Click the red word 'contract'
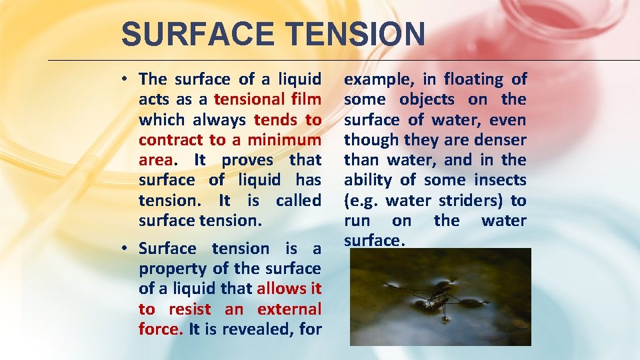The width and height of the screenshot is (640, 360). click(x=171, y=140)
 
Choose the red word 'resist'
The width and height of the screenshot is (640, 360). click(x=190, y=309)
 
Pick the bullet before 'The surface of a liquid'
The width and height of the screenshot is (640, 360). click(x=125, y=79)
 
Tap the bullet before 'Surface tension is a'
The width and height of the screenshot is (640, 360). click(x=125, y=249)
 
